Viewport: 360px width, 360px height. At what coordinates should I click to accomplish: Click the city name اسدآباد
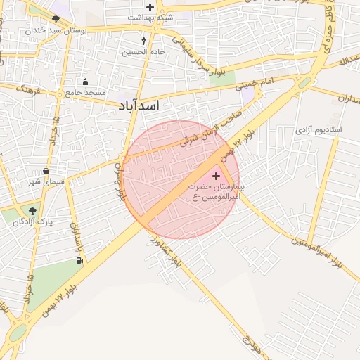point(139,105)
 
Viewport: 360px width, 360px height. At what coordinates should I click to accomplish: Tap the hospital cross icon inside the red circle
point(215,175)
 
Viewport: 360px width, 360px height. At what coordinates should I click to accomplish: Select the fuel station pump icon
point(79,261)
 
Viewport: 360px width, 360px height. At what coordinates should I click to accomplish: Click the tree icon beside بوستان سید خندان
point(56,19)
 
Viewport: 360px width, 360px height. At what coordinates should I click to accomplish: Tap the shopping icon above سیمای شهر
point(46,171)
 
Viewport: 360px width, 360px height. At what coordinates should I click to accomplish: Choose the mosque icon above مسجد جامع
point(86,82)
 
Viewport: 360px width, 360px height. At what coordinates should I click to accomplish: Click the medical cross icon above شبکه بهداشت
point(150,7)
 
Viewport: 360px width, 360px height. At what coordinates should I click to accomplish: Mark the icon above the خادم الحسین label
point(144,41)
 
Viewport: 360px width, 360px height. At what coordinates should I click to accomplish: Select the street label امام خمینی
point(257,84)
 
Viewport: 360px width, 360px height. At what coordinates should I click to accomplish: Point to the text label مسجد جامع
point(86,92)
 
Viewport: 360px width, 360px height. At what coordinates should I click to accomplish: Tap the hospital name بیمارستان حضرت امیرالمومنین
point(216,192)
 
